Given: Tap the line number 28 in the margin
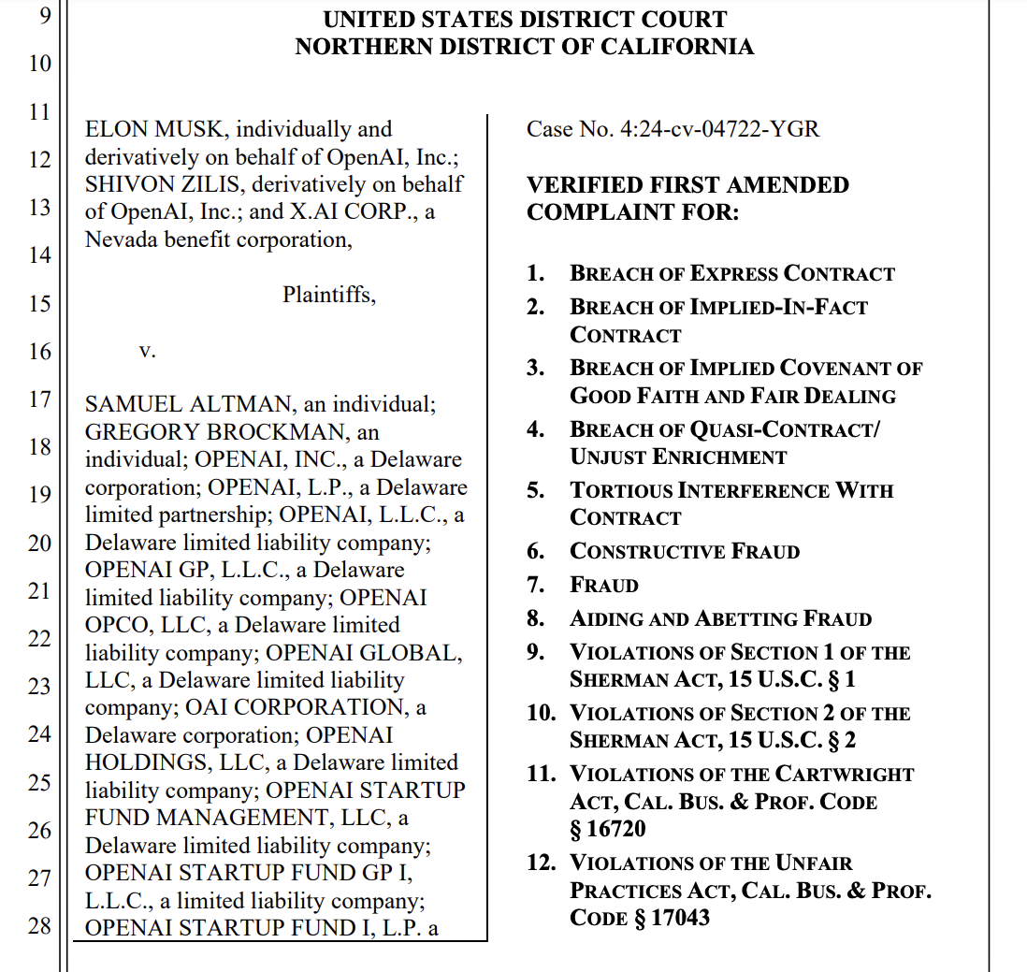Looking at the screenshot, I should (39, 927).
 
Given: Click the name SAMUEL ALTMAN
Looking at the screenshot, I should (181, 405).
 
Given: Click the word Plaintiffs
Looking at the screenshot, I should (329, 296).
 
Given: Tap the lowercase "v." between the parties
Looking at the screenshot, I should (147, 351).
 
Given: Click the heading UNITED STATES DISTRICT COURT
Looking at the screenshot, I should (525, 20).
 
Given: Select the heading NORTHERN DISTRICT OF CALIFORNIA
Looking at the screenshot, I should (525, 47).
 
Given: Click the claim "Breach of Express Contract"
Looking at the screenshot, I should (732, 274).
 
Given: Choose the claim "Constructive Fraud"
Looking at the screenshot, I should (685, 552).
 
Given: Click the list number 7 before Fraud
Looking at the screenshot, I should (535, 586).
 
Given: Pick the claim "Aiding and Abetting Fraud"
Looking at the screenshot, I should (720, 619).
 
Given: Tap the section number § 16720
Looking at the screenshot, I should (608, 829).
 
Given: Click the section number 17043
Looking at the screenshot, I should (680, 918).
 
